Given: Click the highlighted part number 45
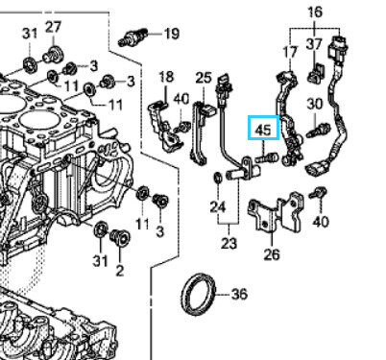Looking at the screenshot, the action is coord(263,130).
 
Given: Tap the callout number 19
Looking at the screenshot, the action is coord(172,34).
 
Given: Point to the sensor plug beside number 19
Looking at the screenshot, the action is coord(133,36).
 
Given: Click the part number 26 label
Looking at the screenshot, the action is coord(272,254).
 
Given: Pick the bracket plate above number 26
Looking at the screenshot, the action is coord(276,212).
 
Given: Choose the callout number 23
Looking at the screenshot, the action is coord(229,244).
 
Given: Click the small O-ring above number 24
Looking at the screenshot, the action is coord(218,178).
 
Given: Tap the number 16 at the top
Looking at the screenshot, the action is coord(315,12).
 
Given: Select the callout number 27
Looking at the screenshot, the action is coord(53,27).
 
